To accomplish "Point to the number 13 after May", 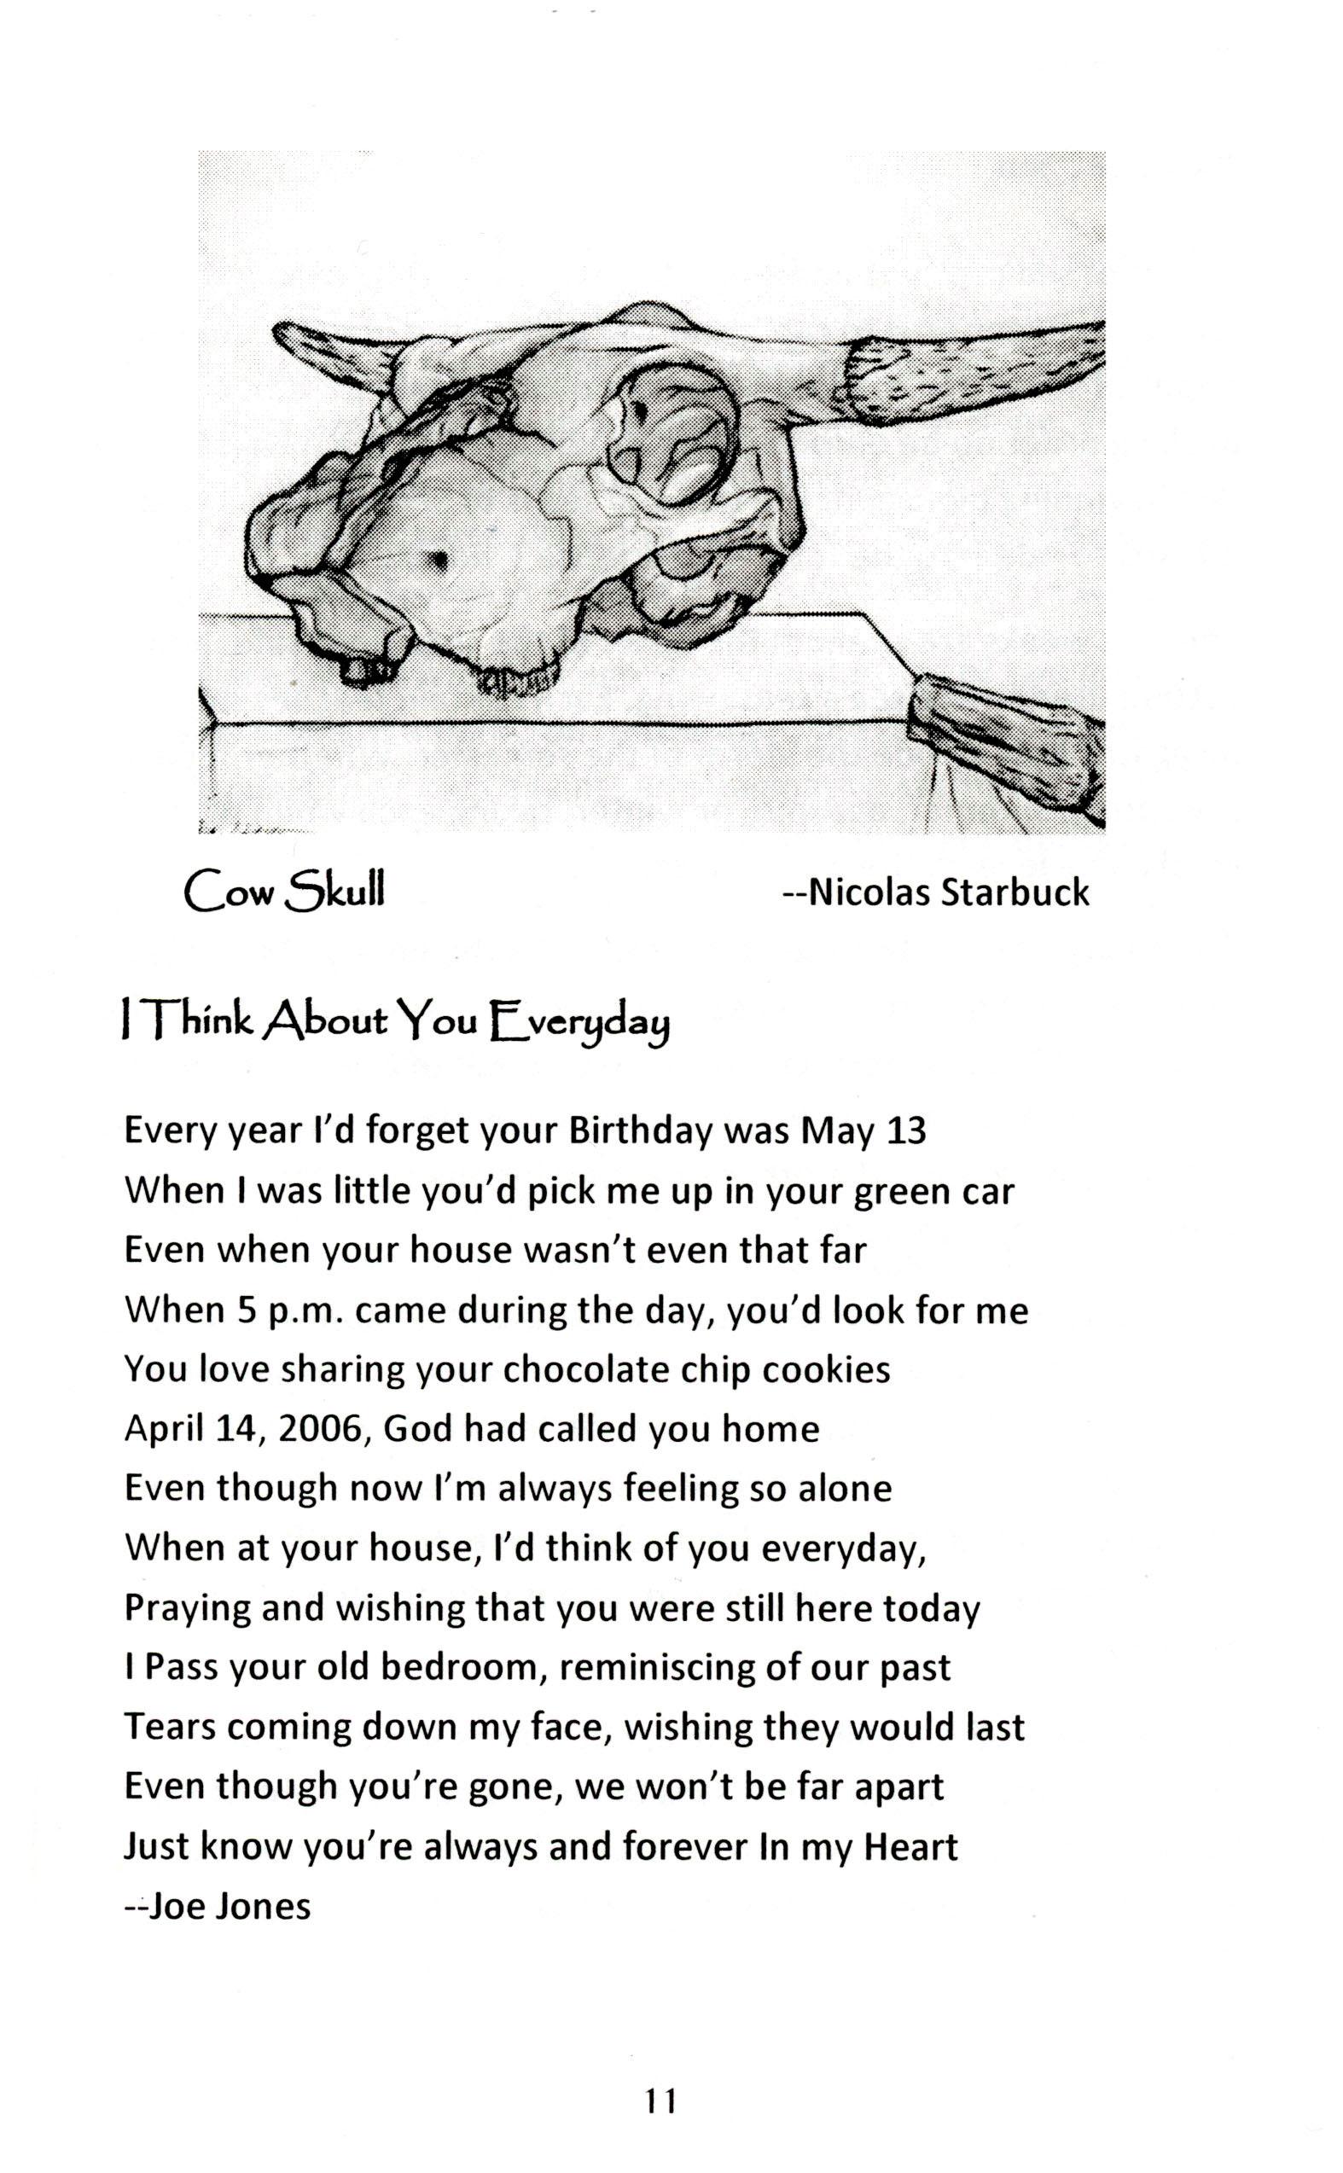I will click(x=906, y=1131).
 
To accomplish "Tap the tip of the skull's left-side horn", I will click(x=277, y=333).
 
